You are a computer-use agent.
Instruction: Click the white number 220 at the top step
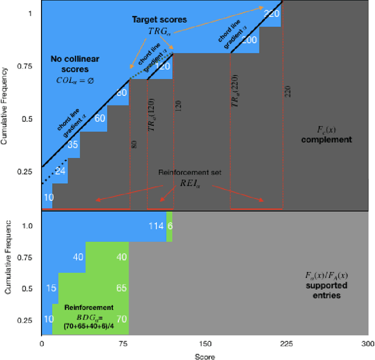pos(271,14)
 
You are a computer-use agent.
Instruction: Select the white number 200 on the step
pos(250,40)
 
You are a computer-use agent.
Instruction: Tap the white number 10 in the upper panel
pos(49,197)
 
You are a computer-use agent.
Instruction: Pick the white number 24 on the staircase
pos(60,172)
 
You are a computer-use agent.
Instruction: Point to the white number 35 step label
pos(73,145)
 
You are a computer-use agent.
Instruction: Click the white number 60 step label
pos(100,118)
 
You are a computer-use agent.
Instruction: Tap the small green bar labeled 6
pos(169,227)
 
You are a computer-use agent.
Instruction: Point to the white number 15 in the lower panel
pos(50,288)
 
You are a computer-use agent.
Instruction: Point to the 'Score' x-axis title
pos(205,355)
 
